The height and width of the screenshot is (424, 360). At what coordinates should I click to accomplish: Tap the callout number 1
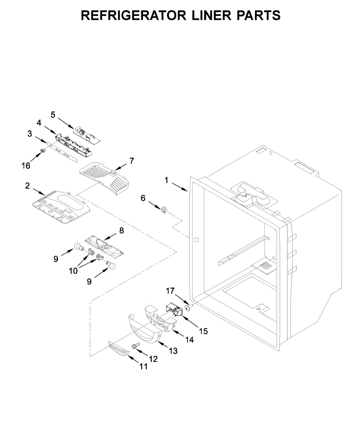(x=166, y=180)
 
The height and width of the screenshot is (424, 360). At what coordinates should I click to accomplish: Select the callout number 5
(x=53, y=114)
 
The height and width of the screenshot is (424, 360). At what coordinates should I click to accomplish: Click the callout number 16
(x=26, y=165)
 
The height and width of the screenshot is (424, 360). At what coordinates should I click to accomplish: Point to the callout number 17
(x=170, y=291)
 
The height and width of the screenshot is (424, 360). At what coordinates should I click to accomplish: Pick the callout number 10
(x=74, y=271)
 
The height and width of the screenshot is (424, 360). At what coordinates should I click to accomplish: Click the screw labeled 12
(x=134, y=346)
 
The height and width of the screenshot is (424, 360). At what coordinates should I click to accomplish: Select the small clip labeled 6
(x=163, y=210)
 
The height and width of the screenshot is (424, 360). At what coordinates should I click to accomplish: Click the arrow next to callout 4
(x=50, y=129)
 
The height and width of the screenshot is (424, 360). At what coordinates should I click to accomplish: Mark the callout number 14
(x=190, y=340)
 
